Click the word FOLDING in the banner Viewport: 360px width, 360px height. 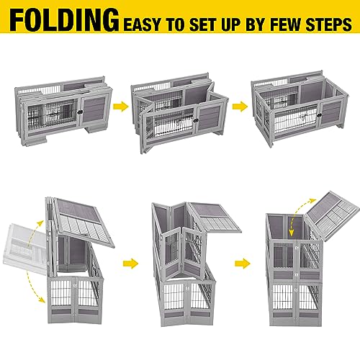pos(64,20)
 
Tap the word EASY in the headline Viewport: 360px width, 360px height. pos(142,24)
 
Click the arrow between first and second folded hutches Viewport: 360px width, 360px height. pos(121,107)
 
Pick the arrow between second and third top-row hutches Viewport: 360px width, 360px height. pos(240,107)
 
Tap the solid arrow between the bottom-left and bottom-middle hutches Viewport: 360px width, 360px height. pos(130,264)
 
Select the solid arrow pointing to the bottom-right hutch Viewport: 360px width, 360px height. pos(243,264)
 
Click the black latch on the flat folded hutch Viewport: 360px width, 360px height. pos(80,112)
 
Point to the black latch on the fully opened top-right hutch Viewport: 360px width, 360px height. pos(319,115)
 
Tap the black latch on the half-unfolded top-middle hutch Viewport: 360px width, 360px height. pos(196,120)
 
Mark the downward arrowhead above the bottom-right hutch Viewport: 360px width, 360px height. pos(292,233)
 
